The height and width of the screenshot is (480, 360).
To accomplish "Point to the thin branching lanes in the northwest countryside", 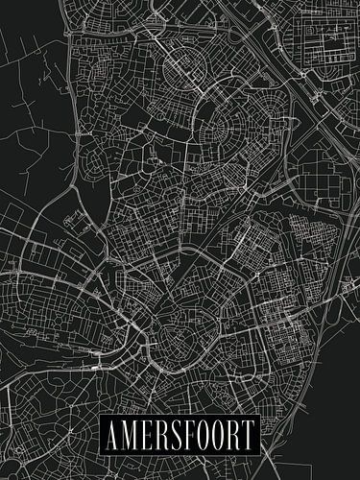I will click(x=38, y=96).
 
